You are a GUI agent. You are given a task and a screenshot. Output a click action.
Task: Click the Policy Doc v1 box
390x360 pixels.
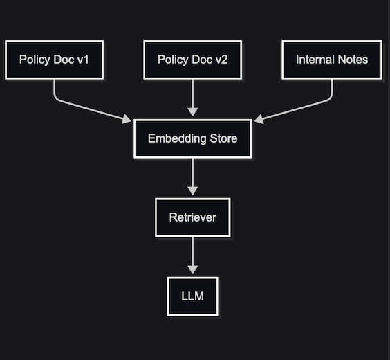(54, 60)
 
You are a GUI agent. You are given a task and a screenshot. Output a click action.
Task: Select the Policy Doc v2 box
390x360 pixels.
(192, 60)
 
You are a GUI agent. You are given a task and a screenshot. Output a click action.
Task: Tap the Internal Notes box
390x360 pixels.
(332, 60)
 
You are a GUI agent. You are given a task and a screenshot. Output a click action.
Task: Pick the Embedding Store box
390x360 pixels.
(192, 138)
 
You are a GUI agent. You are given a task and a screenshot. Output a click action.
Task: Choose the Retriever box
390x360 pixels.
(192, 217)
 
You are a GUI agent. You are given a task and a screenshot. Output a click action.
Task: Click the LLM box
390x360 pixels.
(192, 296)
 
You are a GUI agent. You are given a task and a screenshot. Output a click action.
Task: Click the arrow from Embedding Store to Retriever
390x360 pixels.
(192, 177)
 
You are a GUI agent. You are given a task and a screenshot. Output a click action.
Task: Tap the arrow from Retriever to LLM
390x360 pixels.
(192, 256)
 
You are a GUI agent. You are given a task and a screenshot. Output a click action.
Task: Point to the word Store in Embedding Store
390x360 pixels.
(222, 138)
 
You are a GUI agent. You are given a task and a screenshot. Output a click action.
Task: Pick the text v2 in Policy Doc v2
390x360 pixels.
(221, 60)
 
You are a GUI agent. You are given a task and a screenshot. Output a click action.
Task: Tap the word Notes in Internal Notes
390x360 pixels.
(353, 60)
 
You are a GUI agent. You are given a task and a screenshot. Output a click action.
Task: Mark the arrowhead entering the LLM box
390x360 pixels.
(192, 271)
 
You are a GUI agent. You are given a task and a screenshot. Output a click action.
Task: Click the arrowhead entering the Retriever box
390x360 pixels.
(192, 192)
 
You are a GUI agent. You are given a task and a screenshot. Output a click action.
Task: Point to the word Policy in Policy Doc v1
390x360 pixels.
(34, 60)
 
